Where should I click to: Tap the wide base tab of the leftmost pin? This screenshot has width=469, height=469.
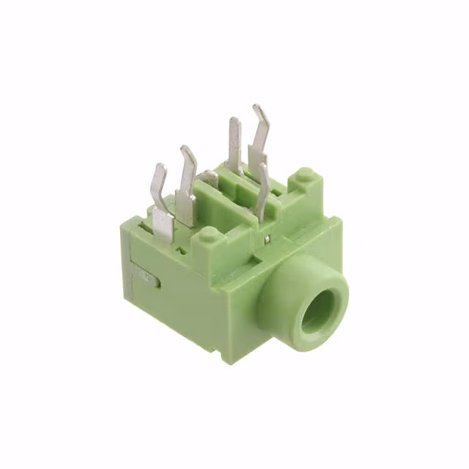(x=163, y=223)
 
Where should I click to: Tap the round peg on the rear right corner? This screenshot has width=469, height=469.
(x=305, y=176)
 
